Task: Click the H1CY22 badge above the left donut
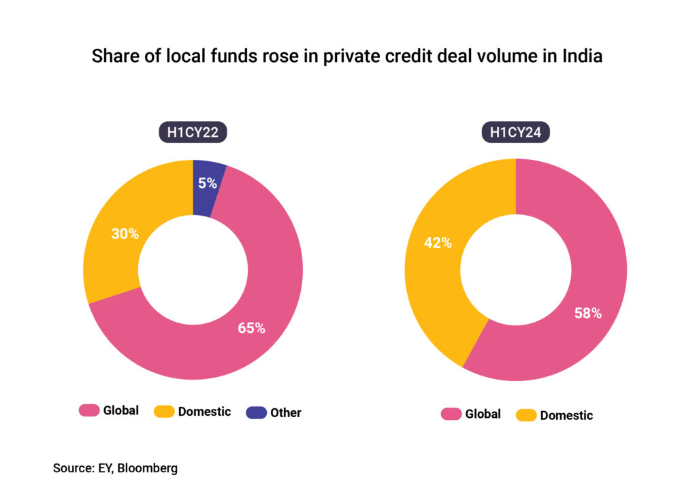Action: click(193, 132)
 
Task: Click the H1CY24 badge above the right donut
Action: click(515, 132)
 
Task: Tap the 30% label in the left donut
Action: click(125, 234)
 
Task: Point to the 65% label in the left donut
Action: click(251, 328)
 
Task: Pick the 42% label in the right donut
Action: click(438, 242)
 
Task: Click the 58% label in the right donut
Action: click(587, 314)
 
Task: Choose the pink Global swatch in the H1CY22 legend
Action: click(88, 410)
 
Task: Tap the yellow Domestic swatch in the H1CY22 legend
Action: click(163, 411)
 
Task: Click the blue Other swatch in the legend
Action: click(256, 412)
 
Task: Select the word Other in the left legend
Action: click(286, 412)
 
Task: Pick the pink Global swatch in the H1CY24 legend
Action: click(451, 414)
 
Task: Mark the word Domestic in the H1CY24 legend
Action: click(566, 415)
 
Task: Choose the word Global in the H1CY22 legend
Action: click(121, 410)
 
